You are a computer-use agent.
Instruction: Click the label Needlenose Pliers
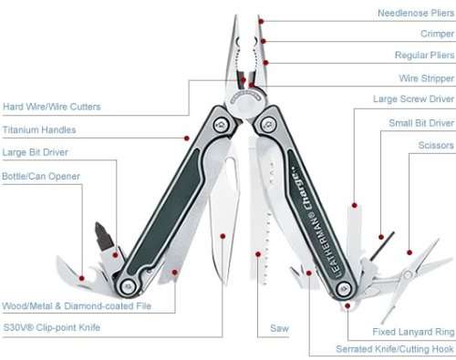click(x=416, y=14)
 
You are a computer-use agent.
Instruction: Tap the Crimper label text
click(x=436, y=35)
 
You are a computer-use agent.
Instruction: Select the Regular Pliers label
click(x=422, y=56)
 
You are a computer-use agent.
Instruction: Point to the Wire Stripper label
click(x=426, y=78)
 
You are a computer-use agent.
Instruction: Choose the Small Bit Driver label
click(x=420, y=122)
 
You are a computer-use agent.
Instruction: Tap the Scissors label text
click(x=434, y=144)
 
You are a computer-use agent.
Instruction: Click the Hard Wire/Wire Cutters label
click(x=51, y=107)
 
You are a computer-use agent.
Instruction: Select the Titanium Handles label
click(x=38, y=130)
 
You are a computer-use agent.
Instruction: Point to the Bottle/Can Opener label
click(x=40, y=176)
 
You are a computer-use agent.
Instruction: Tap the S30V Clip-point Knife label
click(x=51, y=327)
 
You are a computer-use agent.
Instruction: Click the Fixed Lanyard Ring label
click(x=412, y=332)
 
